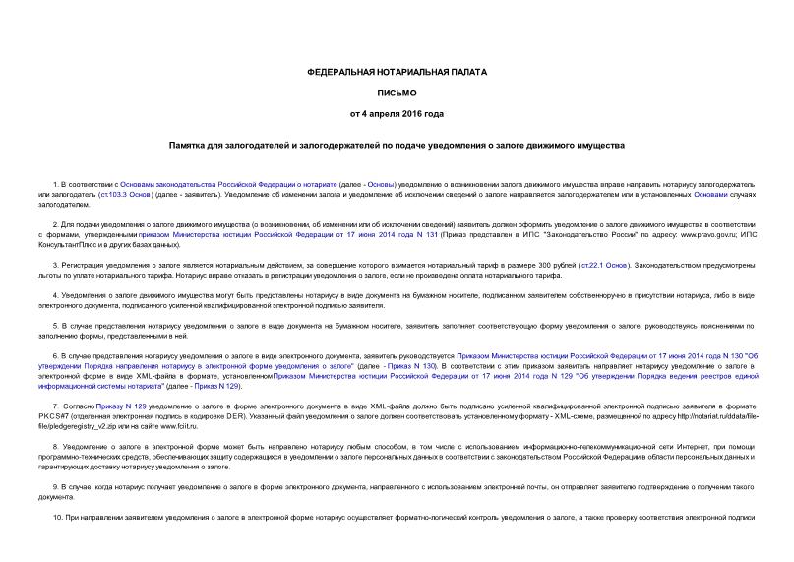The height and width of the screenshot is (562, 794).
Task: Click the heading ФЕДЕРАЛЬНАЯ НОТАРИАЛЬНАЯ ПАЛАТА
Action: (x=397, y=73)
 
